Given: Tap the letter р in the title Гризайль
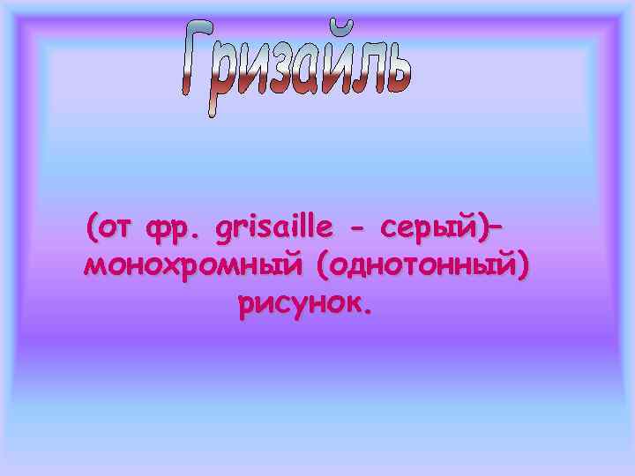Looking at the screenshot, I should coord(232,85).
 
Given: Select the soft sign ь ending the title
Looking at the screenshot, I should coord(396,71).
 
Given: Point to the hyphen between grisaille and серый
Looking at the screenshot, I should coord(357,231).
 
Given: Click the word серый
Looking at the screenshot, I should coord(424,230).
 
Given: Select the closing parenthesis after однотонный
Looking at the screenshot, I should coord(526,267).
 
